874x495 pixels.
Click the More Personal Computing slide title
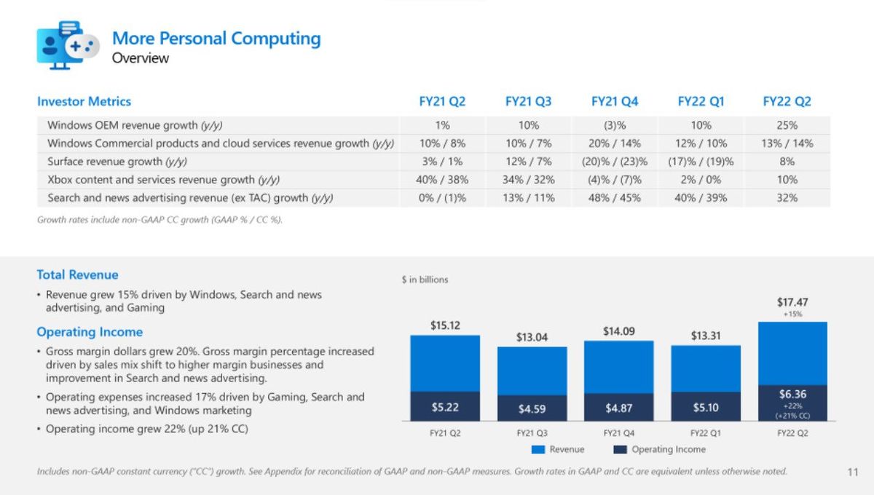point(216,39)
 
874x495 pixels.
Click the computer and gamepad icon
point(68,45)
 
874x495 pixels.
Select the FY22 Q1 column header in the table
point(701,102)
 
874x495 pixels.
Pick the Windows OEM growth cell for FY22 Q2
point(787,125)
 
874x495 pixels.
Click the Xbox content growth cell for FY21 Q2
point(442,180)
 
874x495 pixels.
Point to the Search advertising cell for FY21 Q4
point(615,198)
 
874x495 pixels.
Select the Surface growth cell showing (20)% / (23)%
point(615,162)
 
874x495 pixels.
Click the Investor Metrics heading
point(84,102)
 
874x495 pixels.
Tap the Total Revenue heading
point(77,275)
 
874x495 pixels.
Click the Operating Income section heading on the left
point(90,332)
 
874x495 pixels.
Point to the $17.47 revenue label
point(792,302)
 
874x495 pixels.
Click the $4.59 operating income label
point(532,409)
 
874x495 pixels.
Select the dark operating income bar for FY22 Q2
point(792,403)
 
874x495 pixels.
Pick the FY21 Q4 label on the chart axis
point(618,433)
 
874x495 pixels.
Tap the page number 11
point(853,472)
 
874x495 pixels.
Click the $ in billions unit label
point(425,280)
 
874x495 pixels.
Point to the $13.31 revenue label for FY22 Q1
point(706,336)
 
